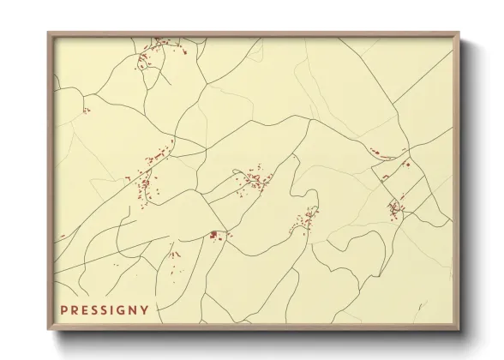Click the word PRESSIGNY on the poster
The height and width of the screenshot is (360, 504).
click(x=105, y=309)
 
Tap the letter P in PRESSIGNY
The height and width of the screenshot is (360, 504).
click(x=63, y=309)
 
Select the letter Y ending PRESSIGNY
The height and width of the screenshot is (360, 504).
click(x=145, y=309)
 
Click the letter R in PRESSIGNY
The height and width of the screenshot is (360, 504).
click(x=74, y=309)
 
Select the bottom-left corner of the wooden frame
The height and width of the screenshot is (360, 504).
click(x=48, y=330)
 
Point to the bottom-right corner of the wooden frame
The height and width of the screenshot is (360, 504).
click(x=459, y=330)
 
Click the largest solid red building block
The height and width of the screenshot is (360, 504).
click(x=213, y=234)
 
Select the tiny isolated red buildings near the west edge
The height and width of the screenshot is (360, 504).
click(x=85, y=110)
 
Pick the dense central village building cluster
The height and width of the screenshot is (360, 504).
click(x=254, y=180)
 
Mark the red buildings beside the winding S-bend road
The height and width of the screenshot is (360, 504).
click(x=303, y=221)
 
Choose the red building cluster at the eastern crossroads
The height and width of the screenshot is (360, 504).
click(x=395, y=207)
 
